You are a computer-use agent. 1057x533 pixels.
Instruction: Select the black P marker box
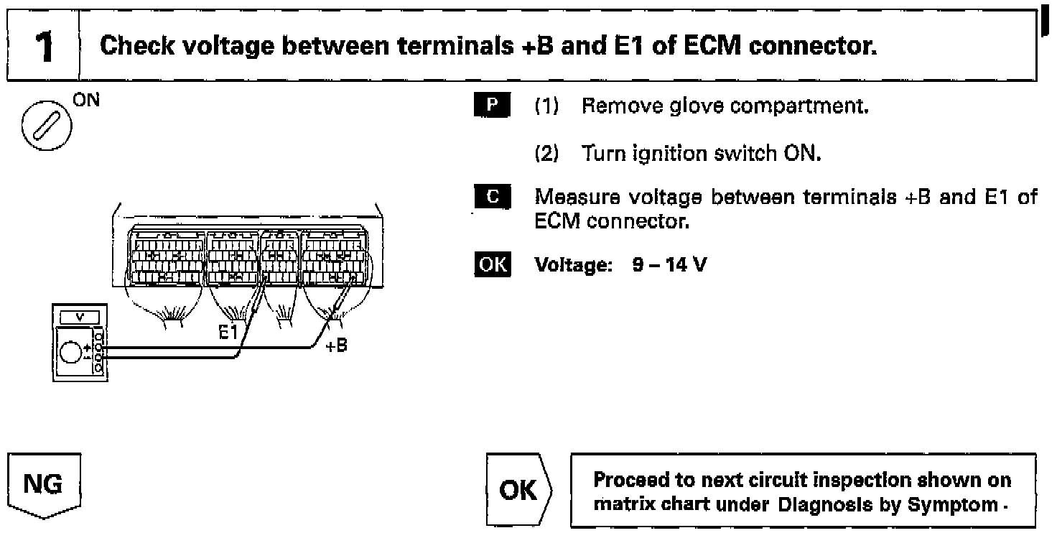point(492,108)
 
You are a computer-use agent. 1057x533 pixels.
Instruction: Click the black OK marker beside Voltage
point(492,265)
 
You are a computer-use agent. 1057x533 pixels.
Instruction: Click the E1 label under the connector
point(231,332)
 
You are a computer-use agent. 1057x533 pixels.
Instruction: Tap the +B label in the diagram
point(335,346)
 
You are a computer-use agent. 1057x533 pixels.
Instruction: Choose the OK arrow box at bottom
point(518,491)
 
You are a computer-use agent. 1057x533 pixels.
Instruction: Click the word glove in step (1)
point(684,108)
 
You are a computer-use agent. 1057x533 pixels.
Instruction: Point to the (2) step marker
point(549,152)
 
